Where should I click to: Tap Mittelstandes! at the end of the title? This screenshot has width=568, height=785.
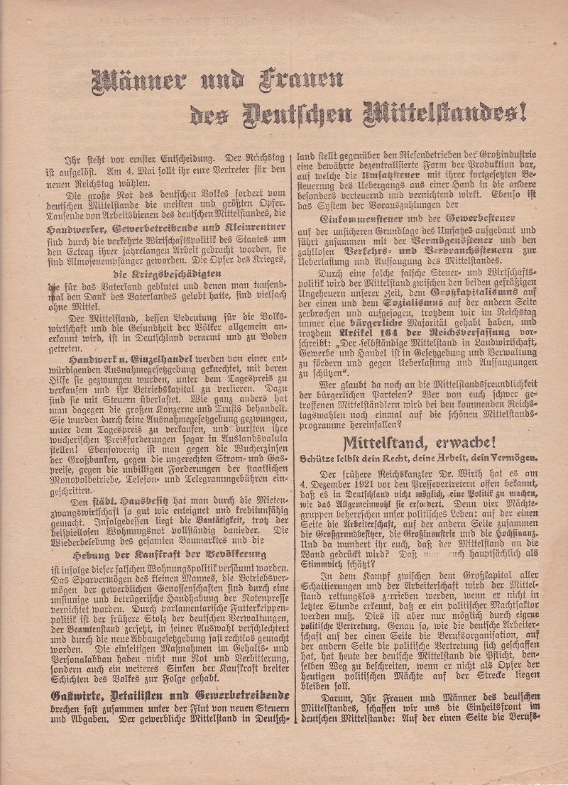[x=447, y=111]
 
